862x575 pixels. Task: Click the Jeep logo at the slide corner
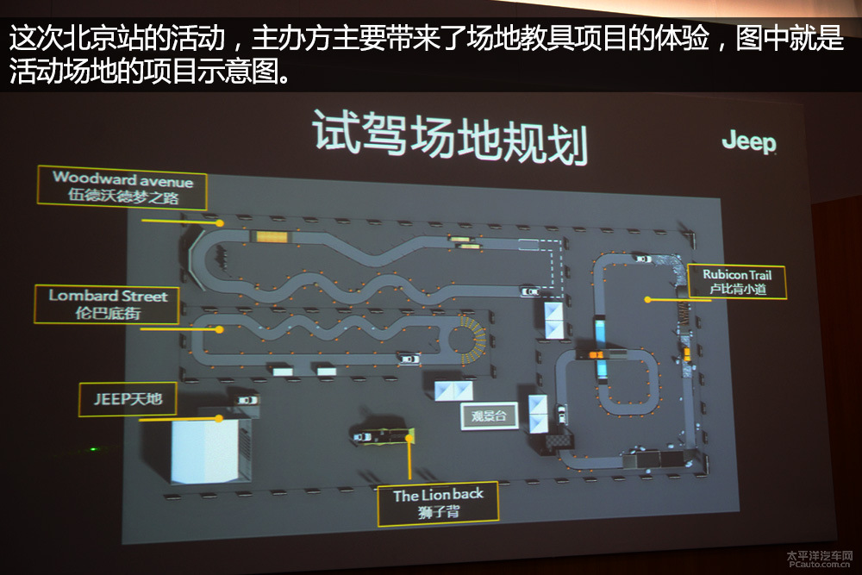749,142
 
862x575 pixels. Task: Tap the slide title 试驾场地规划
450,137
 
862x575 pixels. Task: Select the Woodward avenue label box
122,187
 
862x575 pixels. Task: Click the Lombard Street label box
107,304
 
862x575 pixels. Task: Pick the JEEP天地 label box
128,398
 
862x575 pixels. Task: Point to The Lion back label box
438,503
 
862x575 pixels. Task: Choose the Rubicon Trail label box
737,281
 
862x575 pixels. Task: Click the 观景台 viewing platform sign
489,416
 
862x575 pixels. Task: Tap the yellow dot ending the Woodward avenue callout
219,223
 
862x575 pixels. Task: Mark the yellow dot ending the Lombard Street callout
219,330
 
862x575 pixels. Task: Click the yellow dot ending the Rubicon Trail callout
647,300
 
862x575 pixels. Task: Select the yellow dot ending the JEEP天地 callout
219,419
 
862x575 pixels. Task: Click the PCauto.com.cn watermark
819,559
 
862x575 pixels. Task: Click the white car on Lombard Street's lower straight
409,359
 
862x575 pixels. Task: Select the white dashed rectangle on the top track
529,245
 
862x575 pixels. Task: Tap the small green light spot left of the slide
93,449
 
